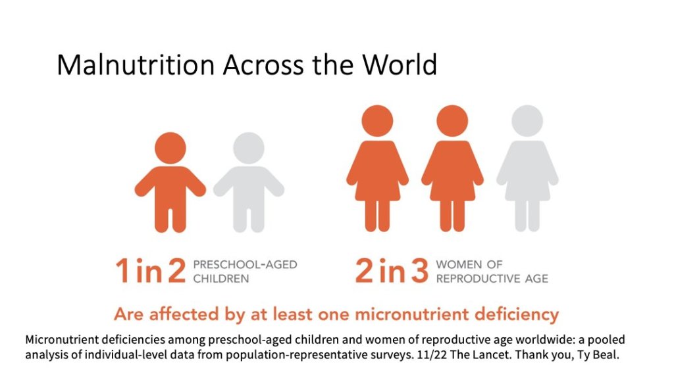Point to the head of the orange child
(x=171, y=147)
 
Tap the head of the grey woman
(x=527, y=121)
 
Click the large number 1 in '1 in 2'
(x=122, y=272)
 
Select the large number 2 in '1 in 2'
(x=176, y=272)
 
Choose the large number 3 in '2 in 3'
(x=419, y=272)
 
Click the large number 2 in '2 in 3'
(x=364, y=272)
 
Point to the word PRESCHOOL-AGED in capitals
(x=245, y=265)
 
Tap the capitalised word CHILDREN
(x=221, y=278)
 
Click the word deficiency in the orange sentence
(x=521, y=314)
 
